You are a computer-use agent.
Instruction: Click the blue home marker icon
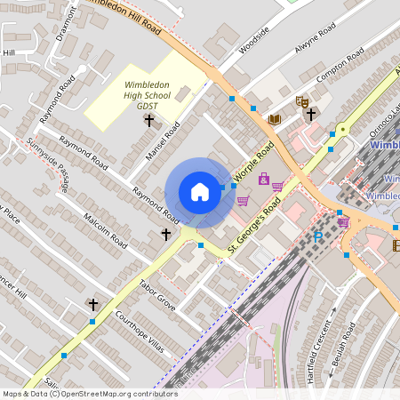[200, 192]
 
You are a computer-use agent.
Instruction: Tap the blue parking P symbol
[318, 237]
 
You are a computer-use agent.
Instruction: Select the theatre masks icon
[300, 102]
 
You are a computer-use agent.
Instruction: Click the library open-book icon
[274, 118]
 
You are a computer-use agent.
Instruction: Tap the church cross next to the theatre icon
[310, 113]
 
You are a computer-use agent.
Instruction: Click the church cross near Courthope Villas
[92, 305]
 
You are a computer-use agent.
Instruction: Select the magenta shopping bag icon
[263, 180]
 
